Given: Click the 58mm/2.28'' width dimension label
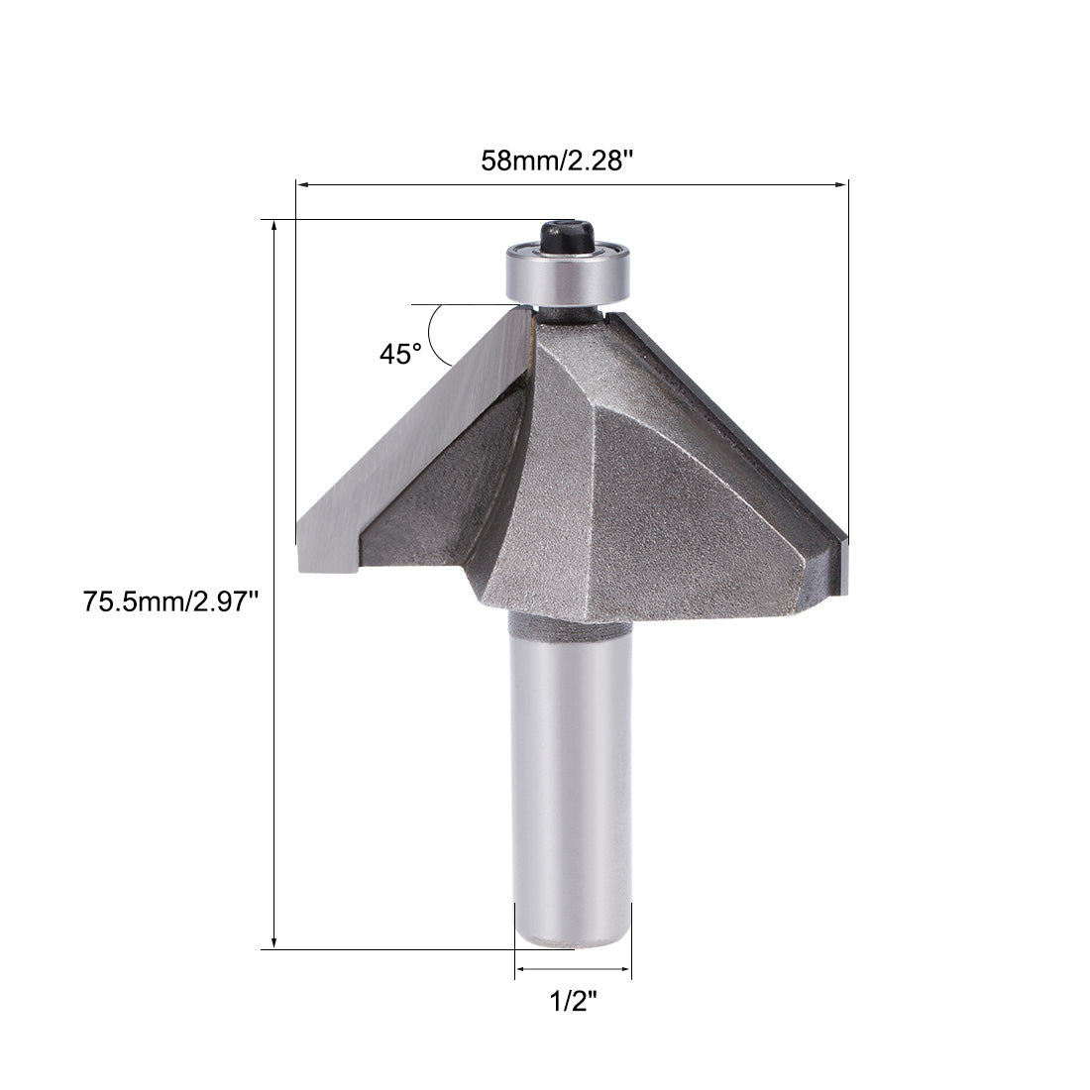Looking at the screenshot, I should (570, 160).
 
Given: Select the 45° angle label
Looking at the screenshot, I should (400, 354).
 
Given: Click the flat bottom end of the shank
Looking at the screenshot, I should (573, 941).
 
